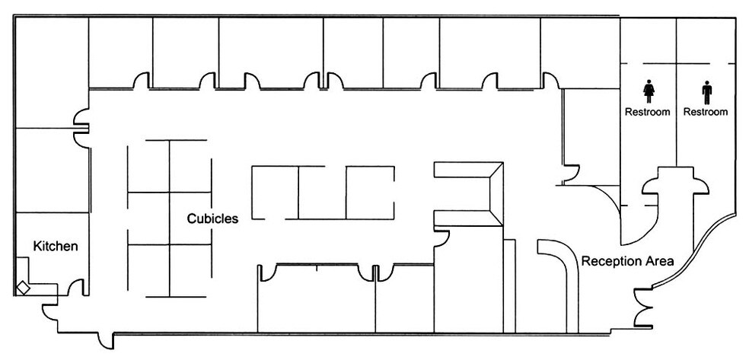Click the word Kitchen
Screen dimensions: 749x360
(x=56, y=247)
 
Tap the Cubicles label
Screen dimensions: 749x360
(x=212, y=218)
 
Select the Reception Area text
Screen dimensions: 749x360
(x=628, y=261)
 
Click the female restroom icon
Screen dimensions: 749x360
(x=649, y=91)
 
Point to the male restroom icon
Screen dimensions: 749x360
(x=706, y=92)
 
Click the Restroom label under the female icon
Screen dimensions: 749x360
(x=648, y=112)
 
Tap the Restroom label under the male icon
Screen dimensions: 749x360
(x=706, y=112)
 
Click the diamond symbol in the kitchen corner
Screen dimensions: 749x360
(x=23, y=288)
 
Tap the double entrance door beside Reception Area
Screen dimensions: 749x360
(x=642, y=308)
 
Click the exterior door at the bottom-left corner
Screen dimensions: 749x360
(x=106, y=341)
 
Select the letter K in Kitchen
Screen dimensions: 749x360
(x=37, y=247)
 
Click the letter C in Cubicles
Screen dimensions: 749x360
(x=191, y=218)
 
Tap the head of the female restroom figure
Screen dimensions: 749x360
(x=649, y=81)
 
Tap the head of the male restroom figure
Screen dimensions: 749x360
(x=706, y=83)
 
